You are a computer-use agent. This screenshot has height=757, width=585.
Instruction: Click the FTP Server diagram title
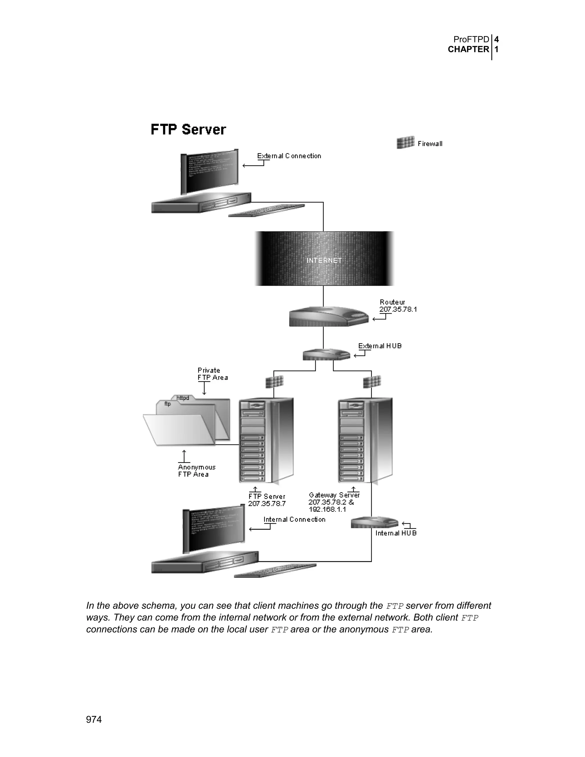point(188,130)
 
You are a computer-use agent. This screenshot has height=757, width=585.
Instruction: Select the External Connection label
point(289,156)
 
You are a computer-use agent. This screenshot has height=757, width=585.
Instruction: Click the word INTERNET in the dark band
point(324,260)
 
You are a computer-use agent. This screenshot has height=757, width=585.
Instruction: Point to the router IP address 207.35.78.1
point(398,309)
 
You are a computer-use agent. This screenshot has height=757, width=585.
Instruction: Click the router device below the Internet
point(328,316)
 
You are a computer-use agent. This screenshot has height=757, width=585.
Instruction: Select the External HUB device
point(326,355)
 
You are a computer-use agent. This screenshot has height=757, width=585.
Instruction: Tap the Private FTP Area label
point(213,374)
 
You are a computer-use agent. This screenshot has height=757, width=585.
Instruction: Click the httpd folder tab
point(183,398)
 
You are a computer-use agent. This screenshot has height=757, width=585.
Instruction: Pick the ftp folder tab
point(167,404)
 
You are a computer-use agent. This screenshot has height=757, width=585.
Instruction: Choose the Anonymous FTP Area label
point(197,471)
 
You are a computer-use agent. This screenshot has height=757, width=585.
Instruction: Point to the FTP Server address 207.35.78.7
point(267,504)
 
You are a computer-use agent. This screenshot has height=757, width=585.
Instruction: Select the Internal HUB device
point(374,522)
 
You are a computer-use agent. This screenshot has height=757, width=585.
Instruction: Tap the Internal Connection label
point(294,519)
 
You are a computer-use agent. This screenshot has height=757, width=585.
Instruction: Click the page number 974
point(94,720)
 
